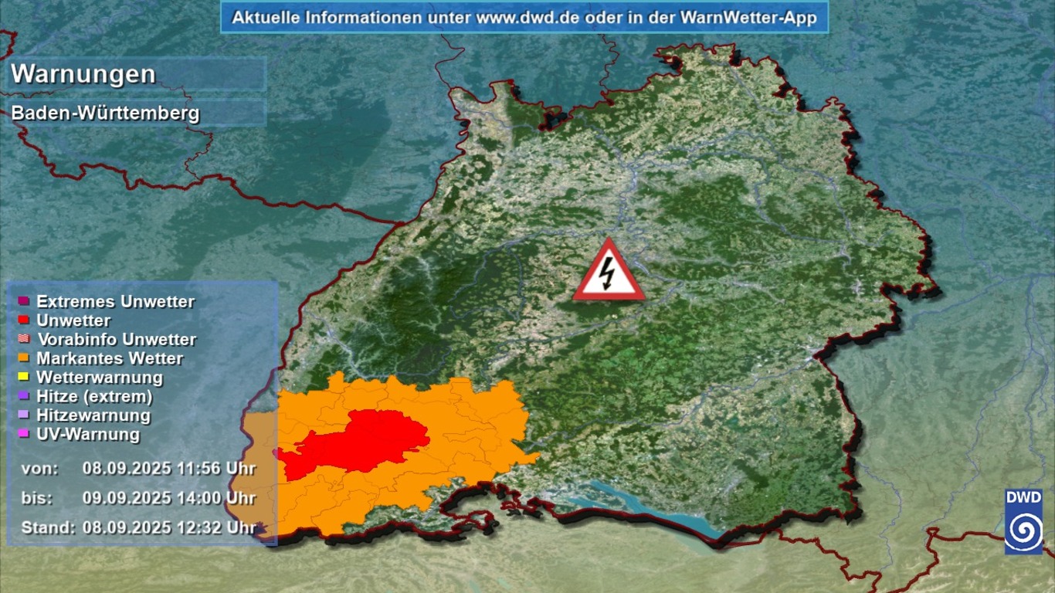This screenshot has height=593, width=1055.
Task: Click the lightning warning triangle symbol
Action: click(x=609, y=273)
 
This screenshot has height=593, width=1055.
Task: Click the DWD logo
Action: click(x=1023, y=521)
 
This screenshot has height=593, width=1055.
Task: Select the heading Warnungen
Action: click(x=83, y=74)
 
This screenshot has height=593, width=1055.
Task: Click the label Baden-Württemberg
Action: click(x=105, y=114)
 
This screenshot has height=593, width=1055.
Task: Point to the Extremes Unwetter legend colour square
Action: click(x=23, y=301)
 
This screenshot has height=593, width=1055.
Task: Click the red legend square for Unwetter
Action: click(x=23, y=320)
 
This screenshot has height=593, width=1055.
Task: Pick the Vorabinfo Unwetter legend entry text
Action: click(x=117, y=340)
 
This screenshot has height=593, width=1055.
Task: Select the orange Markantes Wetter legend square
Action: click(x=23, y=358)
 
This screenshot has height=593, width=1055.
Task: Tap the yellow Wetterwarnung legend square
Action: click(x=23, y=377)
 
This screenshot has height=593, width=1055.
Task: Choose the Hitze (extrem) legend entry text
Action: click(x=94, y=397)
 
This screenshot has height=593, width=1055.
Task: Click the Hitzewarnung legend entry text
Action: click(x=93, y=415)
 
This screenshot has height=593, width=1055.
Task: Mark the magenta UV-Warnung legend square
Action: click(x=23, y=434)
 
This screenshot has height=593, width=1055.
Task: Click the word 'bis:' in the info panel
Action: click(x=37, y=498)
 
